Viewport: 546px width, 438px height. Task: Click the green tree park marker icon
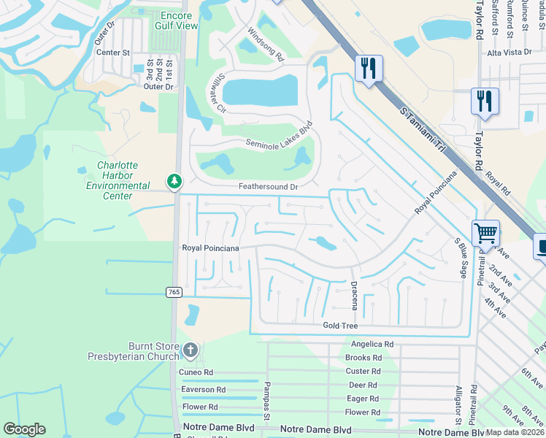tap(174, 180)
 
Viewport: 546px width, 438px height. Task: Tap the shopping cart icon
tap(485, 234)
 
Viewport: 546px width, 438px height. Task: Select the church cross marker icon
tap(190, 350)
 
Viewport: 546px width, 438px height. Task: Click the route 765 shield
tap(174, 292)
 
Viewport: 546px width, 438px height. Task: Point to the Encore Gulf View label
tap(177, 20)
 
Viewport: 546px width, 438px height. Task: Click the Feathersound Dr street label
tap(269, 187)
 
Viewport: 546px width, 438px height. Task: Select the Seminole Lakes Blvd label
tap(279, 137)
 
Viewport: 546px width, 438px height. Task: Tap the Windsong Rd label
tap(264, 45)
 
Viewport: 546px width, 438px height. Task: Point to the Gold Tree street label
tap(340, 325)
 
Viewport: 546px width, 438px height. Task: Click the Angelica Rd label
tap(372, 344)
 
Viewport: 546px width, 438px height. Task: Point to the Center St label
tap(112, 53)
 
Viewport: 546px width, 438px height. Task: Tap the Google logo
tap(25, 429)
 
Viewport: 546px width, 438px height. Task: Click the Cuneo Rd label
tap(196, 372)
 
